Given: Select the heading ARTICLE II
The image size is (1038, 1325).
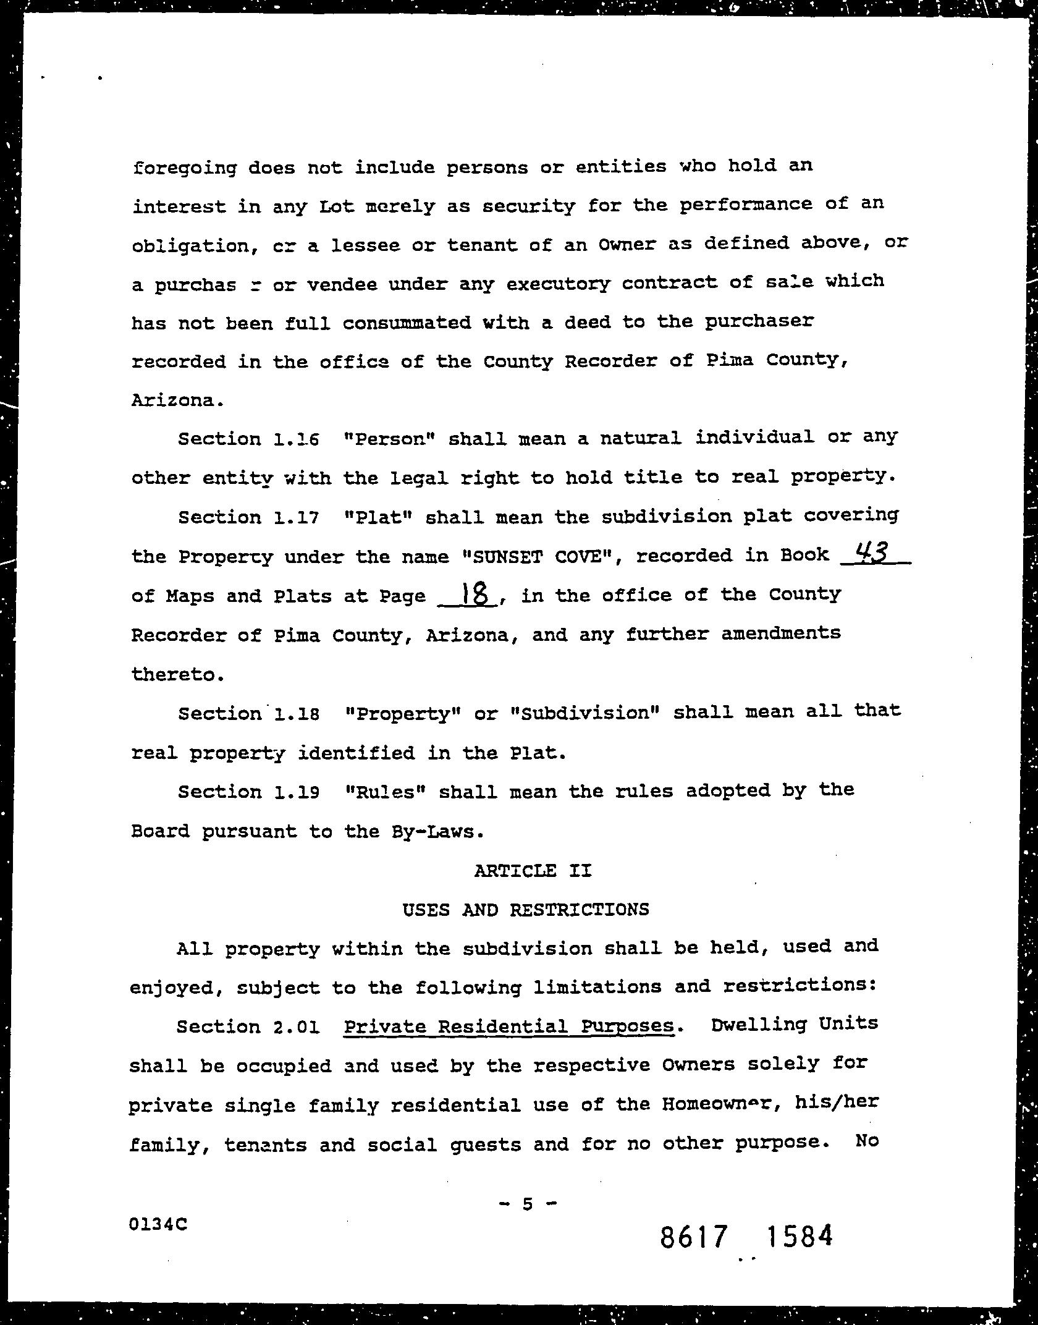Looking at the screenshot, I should pyautogui.click(x=533, y=871).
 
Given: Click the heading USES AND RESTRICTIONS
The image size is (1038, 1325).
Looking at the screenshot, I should pyautogui.click(x=526, y=910).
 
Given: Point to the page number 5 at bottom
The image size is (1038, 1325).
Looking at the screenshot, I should pyautogui.click(x=527, y=1202).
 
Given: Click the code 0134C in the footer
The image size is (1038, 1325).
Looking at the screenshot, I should pyautogui.click(x=158, y=1224).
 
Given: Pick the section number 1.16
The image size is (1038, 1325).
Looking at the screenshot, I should pyautogui.click(x=295, y=439).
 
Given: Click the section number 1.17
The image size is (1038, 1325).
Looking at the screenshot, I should pyautogui.click(x=295, y=517).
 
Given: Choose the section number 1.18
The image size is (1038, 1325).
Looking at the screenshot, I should pyautogui.click(x=295, y=714).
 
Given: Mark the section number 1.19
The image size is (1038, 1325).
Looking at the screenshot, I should pyautogui.click(x=295, y=792).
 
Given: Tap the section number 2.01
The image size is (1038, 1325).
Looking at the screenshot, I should pyautogui.click(x=295, y=1027).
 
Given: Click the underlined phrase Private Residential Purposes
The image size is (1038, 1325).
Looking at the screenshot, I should pyautogui.click(x=508, y=1027).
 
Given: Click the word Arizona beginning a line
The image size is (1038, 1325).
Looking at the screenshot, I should pyautogui.click(x=175, y=400).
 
